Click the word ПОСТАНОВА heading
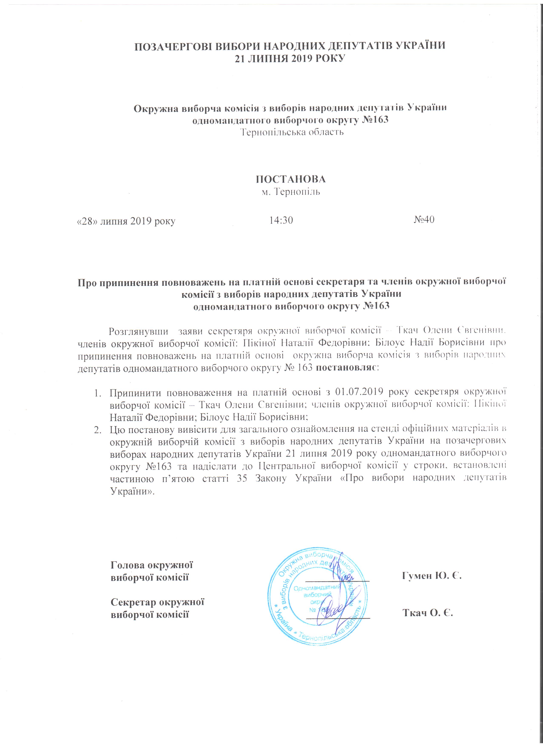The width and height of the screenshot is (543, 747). (x=291, y=179)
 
